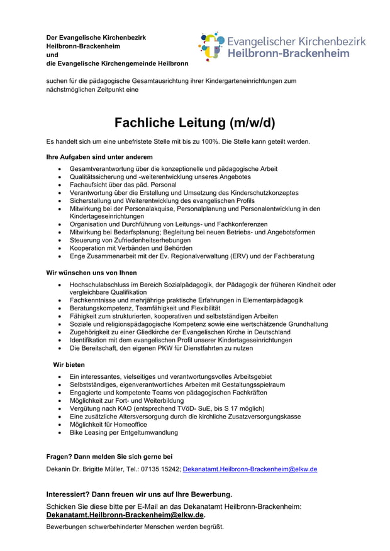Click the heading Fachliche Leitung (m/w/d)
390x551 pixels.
194,122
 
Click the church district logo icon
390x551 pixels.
211,46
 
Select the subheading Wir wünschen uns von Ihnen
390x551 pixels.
91,273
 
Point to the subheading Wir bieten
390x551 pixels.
69,364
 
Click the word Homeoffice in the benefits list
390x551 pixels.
126,425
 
